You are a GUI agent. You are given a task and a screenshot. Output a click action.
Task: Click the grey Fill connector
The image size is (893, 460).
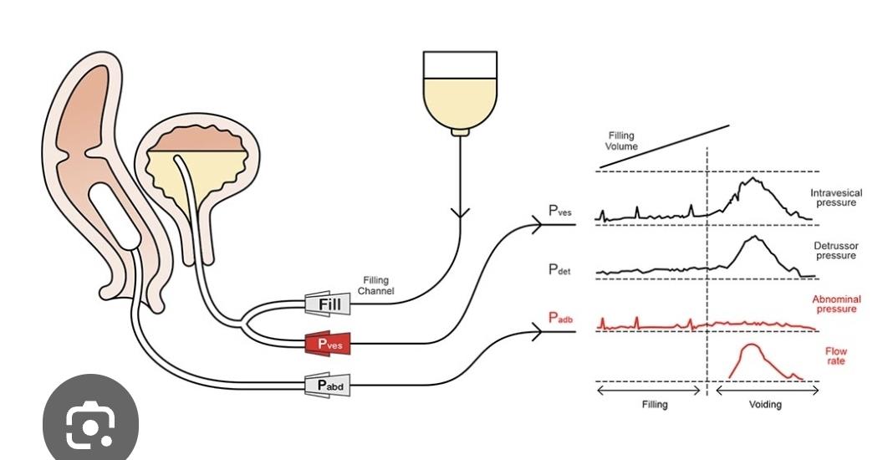(x=328, y=304)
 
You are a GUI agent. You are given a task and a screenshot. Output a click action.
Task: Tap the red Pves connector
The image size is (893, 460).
(x=328, y=343)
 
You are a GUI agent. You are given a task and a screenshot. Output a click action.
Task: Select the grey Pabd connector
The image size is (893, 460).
(x=328, y=385)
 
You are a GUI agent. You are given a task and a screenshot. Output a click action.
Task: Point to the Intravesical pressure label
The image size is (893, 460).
(x=836, y=197)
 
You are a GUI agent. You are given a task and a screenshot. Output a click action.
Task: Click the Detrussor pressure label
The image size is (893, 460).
(x=836, y=251)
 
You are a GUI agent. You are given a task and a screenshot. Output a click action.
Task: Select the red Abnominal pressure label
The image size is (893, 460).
(x=836, y=304)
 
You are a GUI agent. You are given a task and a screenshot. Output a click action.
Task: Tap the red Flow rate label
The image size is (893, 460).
(x=836, y=356)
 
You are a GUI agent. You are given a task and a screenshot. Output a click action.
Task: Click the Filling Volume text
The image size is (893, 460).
(x=621, y=141)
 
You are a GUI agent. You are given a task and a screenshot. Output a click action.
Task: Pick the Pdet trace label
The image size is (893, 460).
(x=559, y=269)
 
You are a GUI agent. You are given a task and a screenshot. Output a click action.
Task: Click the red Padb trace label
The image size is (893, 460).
(x=560, y=318)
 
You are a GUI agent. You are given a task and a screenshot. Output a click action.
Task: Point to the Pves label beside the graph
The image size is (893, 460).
(x=560, y=210)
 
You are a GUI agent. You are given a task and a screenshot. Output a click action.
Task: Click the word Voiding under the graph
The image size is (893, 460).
(x=765, y=404)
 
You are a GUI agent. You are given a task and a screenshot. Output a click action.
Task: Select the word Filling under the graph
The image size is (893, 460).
(x=655, y=404)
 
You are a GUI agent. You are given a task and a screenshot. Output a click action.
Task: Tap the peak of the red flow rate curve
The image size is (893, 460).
(x=752, y=345)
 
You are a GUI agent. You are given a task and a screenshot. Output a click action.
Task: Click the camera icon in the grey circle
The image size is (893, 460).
(x=90, y=425)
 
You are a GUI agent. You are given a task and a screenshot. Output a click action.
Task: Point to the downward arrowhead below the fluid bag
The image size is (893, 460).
(x=460, y=214)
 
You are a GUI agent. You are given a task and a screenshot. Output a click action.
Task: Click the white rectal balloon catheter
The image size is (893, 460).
(x=115, y=216)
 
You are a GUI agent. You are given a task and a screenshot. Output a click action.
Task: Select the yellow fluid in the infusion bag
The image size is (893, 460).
(x=460, y=101)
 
